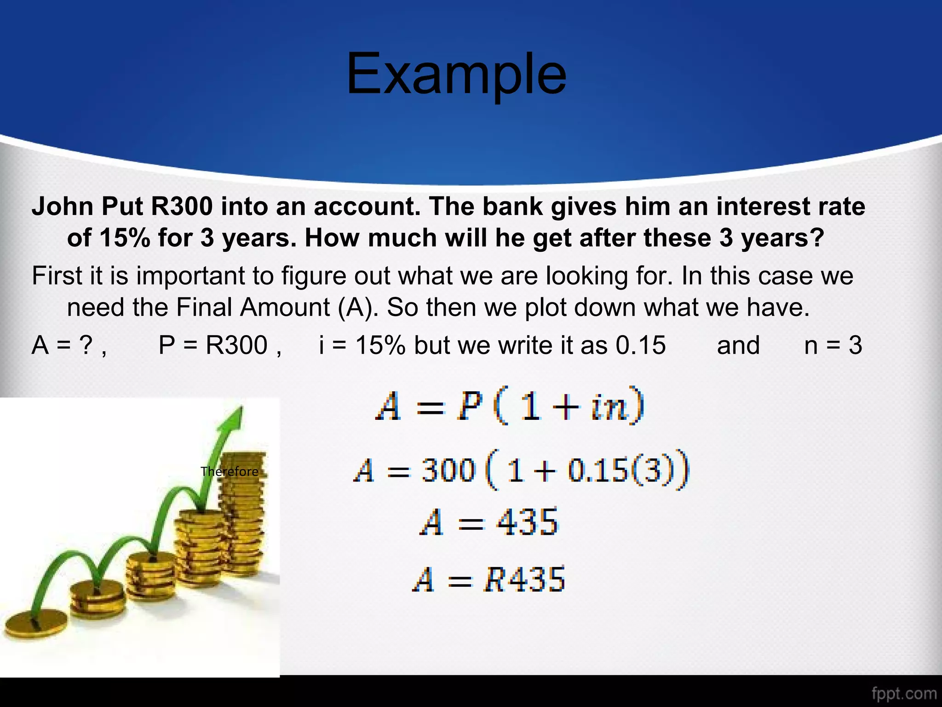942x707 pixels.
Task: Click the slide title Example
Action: (456, 75)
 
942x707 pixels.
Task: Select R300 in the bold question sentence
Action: (182, 207)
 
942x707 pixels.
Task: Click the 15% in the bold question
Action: (124, 238)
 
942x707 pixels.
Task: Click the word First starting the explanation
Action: (57, 276)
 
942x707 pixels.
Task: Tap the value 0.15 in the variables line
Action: (640, 345)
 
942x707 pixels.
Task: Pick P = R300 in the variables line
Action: (213, 345)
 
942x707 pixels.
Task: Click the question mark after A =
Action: (86, 345)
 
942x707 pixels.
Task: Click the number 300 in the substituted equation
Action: (448, 470)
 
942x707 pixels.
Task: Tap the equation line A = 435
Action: (488, 522)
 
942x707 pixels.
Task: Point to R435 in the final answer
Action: (524, 579)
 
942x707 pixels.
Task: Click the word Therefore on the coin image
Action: (229, 471)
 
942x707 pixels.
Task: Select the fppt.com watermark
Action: (904, 693)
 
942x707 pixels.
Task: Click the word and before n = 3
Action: (738, 345)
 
